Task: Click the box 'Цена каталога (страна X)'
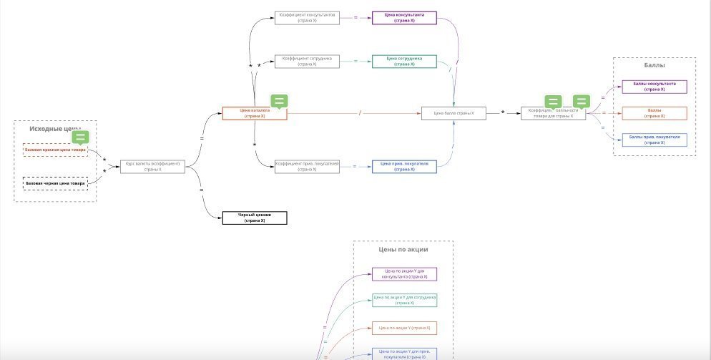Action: pyautogui.click(x=254, y=113)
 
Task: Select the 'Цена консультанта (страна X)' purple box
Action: pyautogui.click(x=404, y=18)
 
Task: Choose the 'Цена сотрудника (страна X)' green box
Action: pyautogui.click(x=404, y=62)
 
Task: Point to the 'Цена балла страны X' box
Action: pyautogui.click(x=454, y=113)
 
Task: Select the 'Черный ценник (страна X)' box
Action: pyautogui.click(x=254, y=218)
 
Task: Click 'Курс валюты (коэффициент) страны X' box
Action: pyautogui.click(x=153, y=166)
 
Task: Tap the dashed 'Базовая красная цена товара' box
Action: pyautogui.click(x=55, y=150)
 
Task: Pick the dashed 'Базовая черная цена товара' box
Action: pyautogui.click(x=55, y=183)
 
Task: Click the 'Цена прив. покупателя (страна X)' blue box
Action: pyautogui.click(x=404, y=166)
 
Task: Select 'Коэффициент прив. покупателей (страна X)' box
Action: pyautogui.click(x=306, y=166)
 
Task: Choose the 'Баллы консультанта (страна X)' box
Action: pyautogui.click(x=654, y=87)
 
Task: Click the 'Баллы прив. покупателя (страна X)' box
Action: pyautogui.click(x=654, y=140)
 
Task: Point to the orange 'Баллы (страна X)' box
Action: pyautogui.click(x=654, y=113)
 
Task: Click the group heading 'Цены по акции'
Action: pyautogui.click(x=403, y=250)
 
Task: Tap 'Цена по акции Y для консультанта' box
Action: pyautogui.click(x=404, y=273)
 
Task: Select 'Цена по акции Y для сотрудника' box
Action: pyautogui.click(x=404, y=300)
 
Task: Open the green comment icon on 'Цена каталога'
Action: pyautogui.click(x=280, y=102)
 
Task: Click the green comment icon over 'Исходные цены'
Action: pyautogui.click(x=81, y=137)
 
